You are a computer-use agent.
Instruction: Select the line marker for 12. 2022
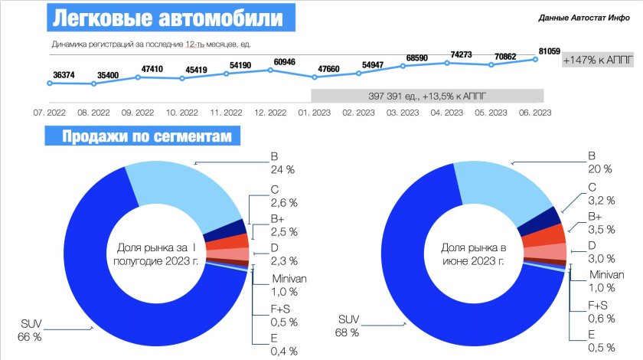(270, 70)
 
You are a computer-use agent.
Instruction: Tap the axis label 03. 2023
(403, 112)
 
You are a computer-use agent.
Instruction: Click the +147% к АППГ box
(599, 61)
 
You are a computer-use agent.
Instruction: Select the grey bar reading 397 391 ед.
(427, 97)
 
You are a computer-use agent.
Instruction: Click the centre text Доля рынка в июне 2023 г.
(473, 254)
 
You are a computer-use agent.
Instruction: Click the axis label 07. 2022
(49, 112)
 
